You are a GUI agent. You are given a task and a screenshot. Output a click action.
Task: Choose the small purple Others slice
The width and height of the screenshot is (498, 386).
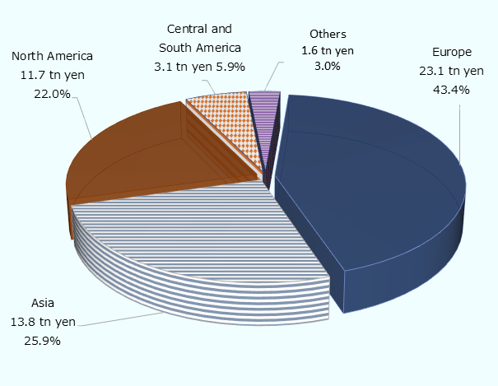coord(264,103)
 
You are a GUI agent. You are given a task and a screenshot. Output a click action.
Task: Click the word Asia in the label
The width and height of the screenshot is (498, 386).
coord(42,303)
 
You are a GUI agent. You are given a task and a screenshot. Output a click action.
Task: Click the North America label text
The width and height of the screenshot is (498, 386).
coord(52,57)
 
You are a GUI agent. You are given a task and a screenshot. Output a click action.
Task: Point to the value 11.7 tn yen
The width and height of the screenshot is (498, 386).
coord(52,75)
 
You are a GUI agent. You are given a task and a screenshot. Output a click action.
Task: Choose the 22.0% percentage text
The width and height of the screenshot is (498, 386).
coord(52,93)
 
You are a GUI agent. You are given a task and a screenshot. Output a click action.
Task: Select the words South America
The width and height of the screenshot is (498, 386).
coord(200,49)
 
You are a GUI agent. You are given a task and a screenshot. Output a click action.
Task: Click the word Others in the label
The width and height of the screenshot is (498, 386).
coord(328,34)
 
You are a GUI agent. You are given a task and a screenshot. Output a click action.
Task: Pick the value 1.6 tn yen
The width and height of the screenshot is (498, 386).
coord(328,51)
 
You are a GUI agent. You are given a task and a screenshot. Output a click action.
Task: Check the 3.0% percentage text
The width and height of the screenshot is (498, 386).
coord(328,67)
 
